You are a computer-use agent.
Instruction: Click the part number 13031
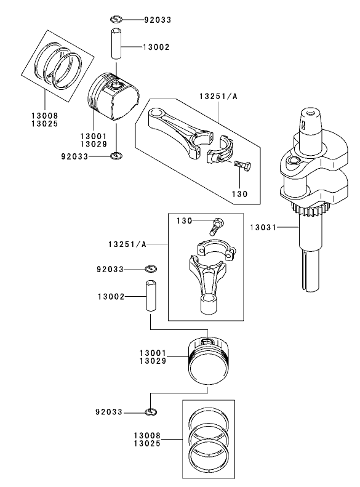tap(263, 227)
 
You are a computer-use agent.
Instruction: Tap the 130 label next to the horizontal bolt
tap(240, 193)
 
